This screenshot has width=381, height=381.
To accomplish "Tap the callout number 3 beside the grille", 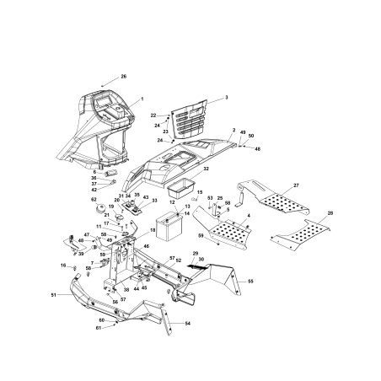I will click(226, 98).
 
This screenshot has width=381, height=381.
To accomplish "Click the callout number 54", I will click(187, 324).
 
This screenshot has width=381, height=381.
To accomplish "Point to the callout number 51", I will click(53, 295).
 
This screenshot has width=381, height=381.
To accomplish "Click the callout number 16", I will click(62, 266).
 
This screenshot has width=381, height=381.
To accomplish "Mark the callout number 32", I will click(207, 169).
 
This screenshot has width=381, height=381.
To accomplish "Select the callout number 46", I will click(146, 246).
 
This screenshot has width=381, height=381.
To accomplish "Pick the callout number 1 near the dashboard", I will click(142, 99).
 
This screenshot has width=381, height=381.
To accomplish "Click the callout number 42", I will click(94, 190).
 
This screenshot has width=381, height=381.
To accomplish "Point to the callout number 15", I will click(200, 193).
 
